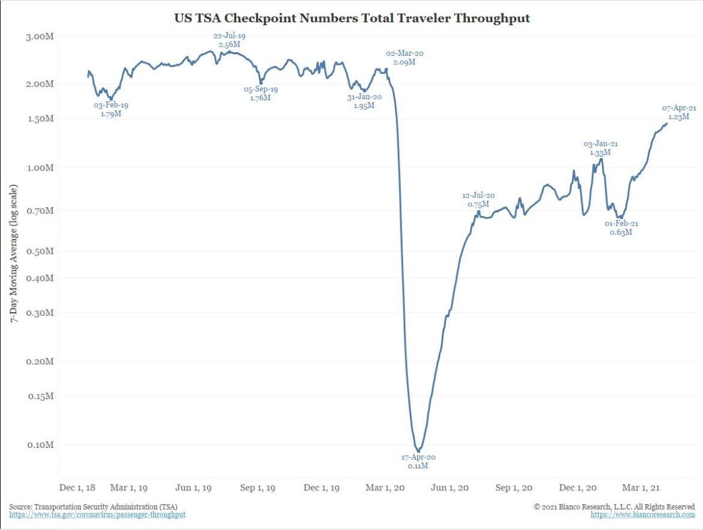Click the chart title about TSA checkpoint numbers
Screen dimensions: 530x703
tap(352, 18)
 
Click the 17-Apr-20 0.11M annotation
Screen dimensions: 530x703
tap(418, 461)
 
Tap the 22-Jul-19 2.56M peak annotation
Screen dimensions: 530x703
tap(229, 40)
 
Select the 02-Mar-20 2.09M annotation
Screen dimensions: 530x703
tap(404, 58)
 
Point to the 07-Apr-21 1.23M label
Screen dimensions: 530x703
tap(679, 112)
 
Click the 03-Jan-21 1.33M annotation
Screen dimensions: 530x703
tap(600, 148)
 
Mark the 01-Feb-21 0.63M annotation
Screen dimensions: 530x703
tap(621, 227)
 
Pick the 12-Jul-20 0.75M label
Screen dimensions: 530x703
tap(478, 200)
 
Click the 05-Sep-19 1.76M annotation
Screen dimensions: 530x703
tap(260, 93)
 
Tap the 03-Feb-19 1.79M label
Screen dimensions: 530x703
tap(111, 109)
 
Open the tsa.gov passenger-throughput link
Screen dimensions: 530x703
tap(97, 515)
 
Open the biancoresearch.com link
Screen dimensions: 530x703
tap(642, 515)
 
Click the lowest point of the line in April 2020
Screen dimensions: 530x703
tap(418, 451)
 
